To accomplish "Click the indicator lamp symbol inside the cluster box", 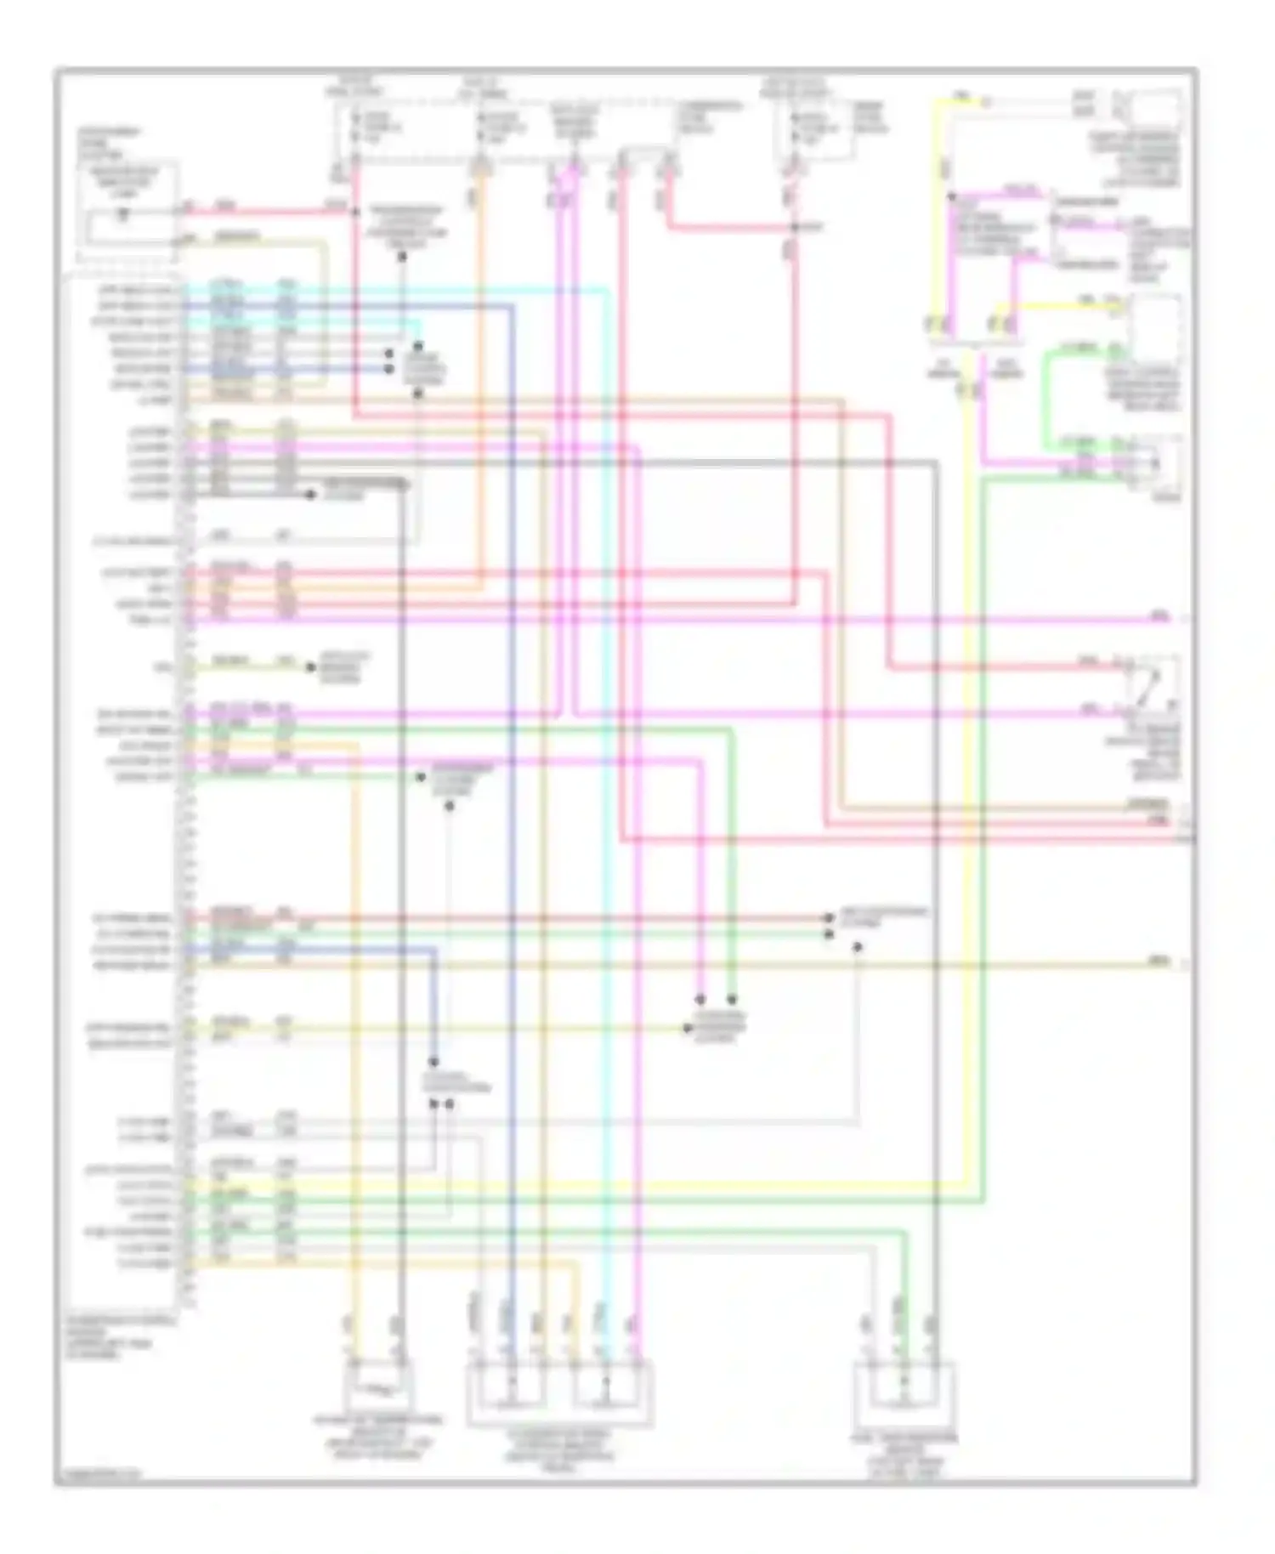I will (x=124, y=214).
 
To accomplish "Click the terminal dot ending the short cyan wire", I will (x=418, y=346).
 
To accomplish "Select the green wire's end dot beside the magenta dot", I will (x=732, y=999).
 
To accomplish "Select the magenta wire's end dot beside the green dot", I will (x=700, y=999).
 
